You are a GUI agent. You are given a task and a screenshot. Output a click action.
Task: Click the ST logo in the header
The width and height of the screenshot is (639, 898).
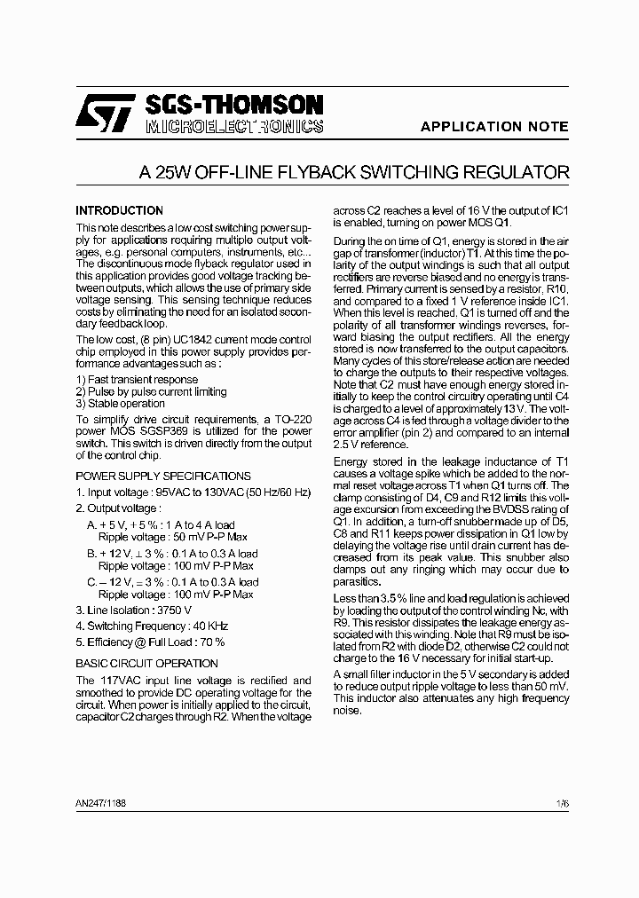[103, 114]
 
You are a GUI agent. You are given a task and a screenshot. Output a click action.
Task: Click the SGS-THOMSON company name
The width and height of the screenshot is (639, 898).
[233, 105]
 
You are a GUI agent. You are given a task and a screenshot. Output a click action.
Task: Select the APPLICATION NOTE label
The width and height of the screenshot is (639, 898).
[493, 127]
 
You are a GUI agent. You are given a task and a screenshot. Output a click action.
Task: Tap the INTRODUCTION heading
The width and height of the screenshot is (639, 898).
[119, 211]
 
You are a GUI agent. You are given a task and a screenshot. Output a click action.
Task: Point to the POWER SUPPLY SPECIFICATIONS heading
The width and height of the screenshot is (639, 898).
[162, 477]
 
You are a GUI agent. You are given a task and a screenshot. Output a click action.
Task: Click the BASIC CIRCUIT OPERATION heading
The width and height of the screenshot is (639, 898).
[146, 663]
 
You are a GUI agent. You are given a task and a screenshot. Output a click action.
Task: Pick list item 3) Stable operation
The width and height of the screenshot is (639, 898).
[120, 403]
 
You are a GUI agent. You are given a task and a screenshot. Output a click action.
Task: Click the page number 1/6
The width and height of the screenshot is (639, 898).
[562, 803]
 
